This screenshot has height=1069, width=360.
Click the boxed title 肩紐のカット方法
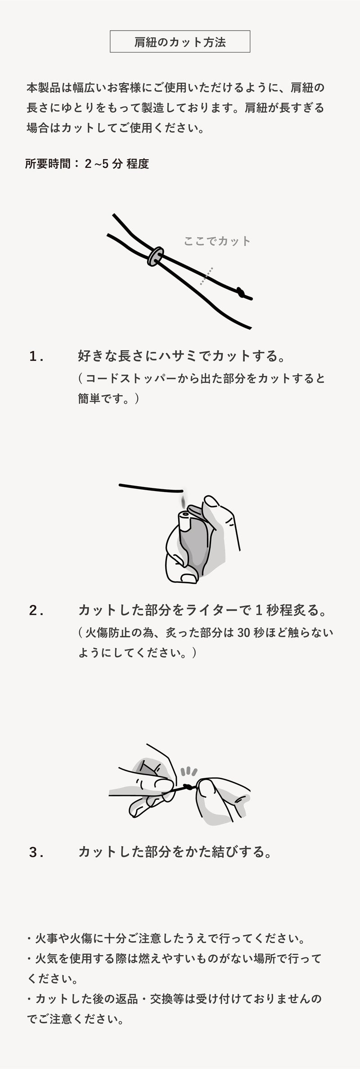pos(180,42)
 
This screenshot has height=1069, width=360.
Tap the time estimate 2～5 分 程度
pos(117,164)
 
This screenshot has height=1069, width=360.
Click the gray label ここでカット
pos(217,241)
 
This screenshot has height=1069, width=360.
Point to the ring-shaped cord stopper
pos(155,256)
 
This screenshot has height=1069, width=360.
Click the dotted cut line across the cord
pos(207,275)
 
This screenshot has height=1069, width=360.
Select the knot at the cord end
pos(243,293)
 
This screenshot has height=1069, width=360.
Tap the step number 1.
pos(36,356)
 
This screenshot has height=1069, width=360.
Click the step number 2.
pos(36,611)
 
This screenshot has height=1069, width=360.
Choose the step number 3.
pos(36,852)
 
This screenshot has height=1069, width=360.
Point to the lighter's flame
pos(183,501)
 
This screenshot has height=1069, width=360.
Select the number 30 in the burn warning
pos(243,632)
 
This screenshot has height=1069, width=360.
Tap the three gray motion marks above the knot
pos(189,771)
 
